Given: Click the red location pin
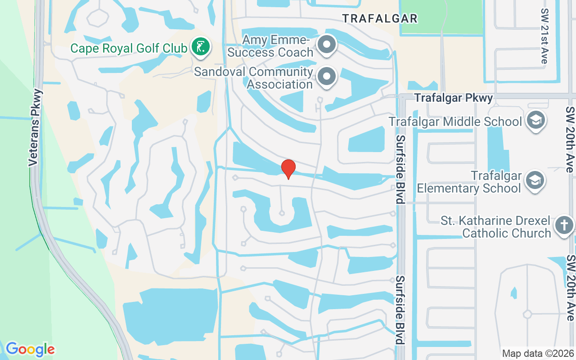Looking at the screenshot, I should [x=288, y=169].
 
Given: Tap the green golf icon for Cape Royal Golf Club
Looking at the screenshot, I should [x=201, y=46].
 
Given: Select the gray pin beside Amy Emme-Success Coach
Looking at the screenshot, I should [x=327, y=45].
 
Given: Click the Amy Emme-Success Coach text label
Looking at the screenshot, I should [x=270, y=46].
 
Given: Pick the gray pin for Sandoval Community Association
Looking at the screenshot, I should [x=327, y=76].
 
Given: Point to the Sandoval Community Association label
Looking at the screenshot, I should [x=253, y=78].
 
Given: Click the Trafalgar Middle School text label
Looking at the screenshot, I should [x=455, y=121].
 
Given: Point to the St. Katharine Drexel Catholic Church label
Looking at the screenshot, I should [x=495, y=227].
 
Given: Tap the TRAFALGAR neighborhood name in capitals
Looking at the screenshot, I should [x=380, y=18].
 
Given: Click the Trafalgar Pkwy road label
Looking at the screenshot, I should [x=454, y=98].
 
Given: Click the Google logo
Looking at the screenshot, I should [x=30, y=349].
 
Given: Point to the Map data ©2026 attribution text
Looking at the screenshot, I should [x=538, y=353].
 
